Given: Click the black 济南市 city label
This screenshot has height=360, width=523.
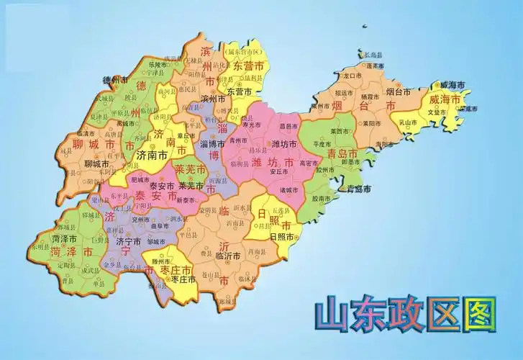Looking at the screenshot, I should [152, 155].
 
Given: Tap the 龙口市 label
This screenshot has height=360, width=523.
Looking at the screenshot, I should [352, 75].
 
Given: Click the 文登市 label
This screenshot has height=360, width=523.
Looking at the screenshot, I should [438, 113].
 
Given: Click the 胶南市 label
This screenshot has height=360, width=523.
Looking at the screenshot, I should [322, 199].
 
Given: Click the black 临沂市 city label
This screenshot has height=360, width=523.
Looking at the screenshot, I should [230, 256].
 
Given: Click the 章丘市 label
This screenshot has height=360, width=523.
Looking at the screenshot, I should [186, 136].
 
